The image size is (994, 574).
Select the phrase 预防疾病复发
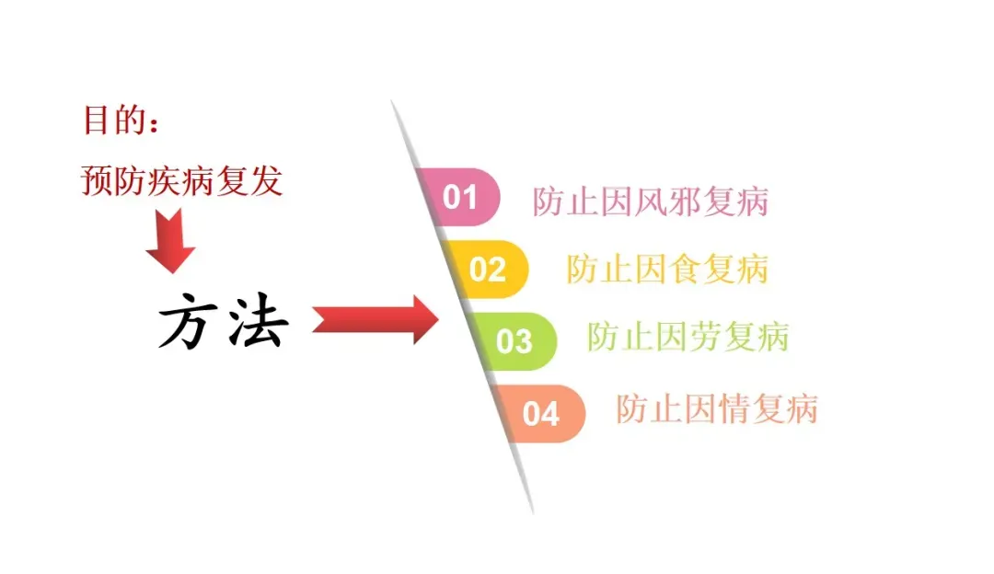click(181, 181)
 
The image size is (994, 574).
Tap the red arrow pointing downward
click(170, 242)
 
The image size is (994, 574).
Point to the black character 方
click(189, 323)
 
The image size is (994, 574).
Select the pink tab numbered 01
click(460, 196)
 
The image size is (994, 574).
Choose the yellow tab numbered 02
click(487, 269)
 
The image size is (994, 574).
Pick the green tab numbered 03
click(514, 340)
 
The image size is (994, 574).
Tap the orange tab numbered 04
click(541, 413)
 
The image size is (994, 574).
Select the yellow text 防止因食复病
click(667, 270)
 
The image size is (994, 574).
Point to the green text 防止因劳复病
click(688, 337)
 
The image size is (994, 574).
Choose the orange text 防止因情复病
click(716, 408)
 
